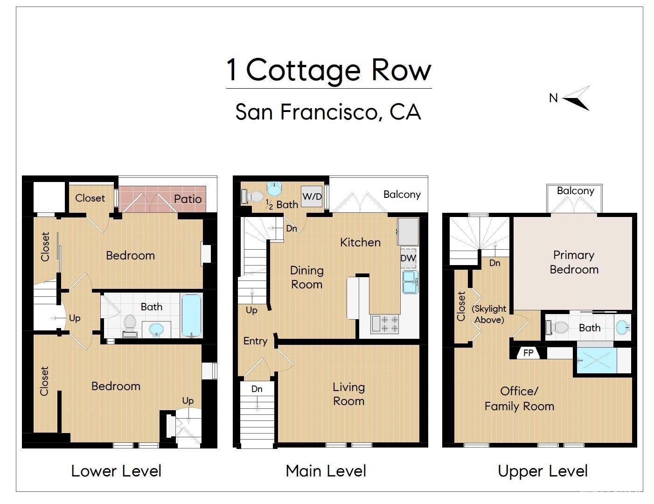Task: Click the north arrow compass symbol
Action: [x=577, y=98]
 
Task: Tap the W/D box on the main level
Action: [x=312, y=196]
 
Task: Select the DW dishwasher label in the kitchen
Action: [x=408, y=258]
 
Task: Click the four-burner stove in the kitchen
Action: [x=385, y=324]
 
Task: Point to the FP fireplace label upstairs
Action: [x=528, y=353]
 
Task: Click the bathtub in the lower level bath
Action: [x=191, y=315]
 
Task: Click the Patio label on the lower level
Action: [x=188, y=199]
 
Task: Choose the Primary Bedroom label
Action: [x=574, y=262]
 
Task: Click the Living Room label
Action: [x=348, y=394]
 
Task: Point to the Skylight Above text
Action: [x=489, y=314]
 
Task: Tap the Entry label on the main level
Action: [x=255, y=341]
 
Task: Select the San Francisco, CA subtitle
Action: [x=328, y=112]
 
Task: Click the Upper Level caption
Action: [x=543, y=471]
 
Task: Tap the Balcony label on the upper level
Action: [x=575, y=191]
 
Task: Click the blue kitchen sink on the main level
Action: [x=410, y=282]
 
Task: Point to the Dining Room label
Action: [x=306, y=277]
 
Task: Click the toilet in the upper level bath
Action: [x=557, y=328]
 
